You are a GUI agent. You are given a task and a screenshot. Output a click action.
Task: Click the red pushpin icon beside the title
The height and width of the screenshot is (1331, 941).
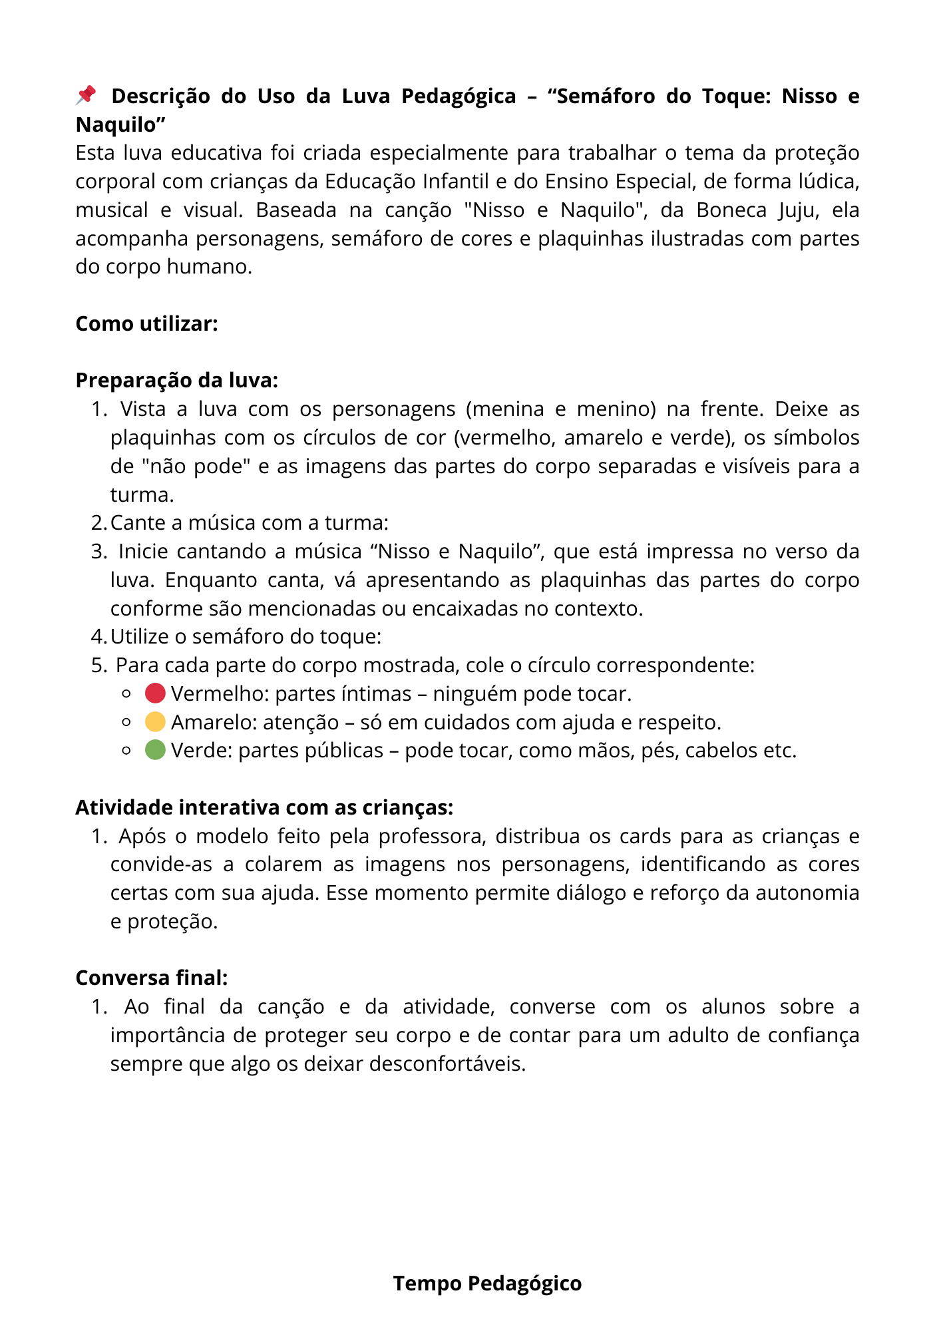pos(86,95)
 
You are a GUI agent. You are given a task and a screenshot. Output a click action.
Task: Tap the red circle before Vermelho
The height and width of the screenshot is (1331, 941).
pos(155,693)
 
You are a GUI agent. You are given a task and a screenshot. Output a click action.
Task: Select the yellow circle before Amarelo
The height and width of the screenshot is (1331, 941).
pos(155,722)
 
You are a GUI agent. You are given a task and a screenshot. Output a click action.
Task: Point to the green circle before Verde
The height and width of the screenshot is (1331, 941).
pos(155,750)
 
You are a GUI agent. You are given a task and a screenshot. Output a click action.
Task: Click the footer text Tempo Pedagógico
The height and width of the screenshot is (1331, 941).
pos(487,1283)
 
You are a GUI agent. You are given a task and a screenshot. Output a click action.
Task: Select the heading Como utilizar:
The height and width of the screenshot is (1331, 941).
pos(146,323)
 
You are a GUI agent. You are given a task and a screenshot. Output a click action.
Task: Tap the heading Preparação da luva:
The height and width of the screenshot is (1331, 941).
pos(176,380)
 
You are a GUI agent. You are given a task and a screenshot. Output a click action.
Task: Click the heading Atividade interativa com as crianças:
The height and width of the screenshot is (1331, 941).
pos(264,807)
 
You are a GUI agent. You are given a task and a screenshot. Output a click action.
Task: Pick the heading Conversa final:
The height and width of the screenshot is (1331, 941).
pos(152,978)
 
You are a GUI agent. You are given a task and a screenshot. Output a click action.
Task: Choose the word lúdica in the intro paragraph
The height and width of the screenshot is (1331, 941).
pos(828,182)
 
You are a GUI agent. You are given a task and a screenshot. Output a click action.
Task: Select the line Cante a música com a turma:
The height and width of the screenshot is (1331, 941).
pos(250,523)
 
